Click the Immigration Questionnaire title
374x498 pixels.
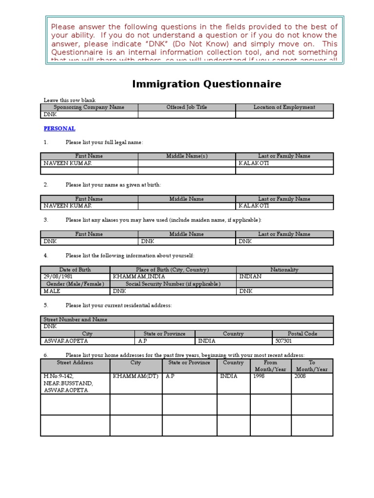tap(206, 84)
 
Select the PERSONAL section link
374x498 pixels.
tap(59, 128)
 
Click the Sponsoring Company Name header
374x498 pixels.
tap(89, 107)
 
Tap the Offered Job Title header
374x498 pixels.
tap(187, 107)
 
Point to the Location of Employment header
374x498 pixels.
tap(284, 107)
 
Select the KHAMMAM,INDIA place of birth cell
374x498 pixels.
tap(133, 277)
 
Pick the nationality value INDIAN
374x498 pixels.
tap(250, 277)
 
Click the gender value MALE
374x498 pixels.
tap(52, 291)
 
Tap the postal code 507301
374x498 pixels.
tap(283, 341)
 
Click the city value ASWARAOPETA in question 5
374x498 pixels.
tap(66, 341)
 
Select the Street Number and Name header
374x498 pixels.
tap(75, 320)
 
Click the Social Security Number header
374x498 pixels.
tap(173, 284)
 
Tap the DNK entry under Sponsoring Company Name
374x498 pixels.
tap(50, 115)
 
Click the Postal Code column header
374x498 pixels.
tap(302, 334)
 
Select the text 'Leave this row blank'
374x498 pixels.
tap(70, 100)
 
